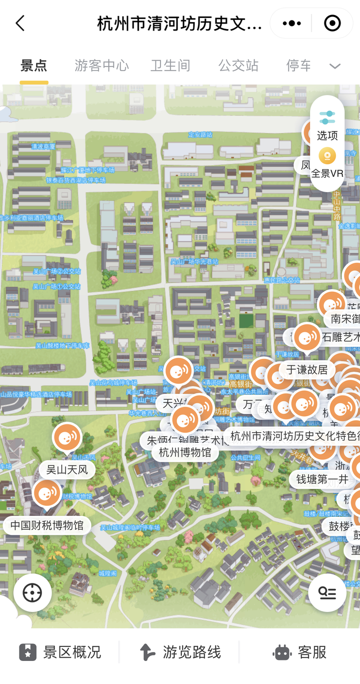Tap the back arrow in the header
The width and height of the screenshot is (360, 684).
20,23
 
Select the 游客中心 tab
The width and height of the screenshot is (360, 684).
101,66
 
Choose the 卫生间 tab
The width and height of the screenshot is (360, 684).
170,66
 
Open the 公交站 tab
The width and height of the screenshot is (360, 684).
238,66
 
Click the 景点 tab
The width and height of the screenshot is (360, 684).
34,66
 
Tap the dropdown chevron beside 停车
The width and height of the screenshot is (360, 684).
335,66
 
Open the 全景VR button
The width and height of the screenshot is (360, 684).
327,163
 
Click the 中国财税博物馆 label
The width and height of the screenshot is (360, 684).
47,525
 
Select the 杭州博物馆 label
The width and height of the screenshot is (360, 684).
185,453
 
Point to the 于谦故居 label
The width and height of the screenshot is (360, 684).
307,370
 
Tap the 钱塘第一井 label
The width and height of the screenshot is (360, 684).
322,479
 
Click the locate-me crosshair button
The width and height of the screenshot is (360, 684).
32,593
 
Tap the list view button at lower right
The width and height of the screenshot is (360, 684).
327,593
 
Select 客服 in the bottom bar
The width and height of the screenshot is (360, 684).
300,652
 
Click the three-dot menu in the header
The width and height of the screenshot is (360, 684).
291,23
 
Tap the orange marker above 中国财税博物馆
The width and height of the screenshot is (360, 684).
47,493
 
